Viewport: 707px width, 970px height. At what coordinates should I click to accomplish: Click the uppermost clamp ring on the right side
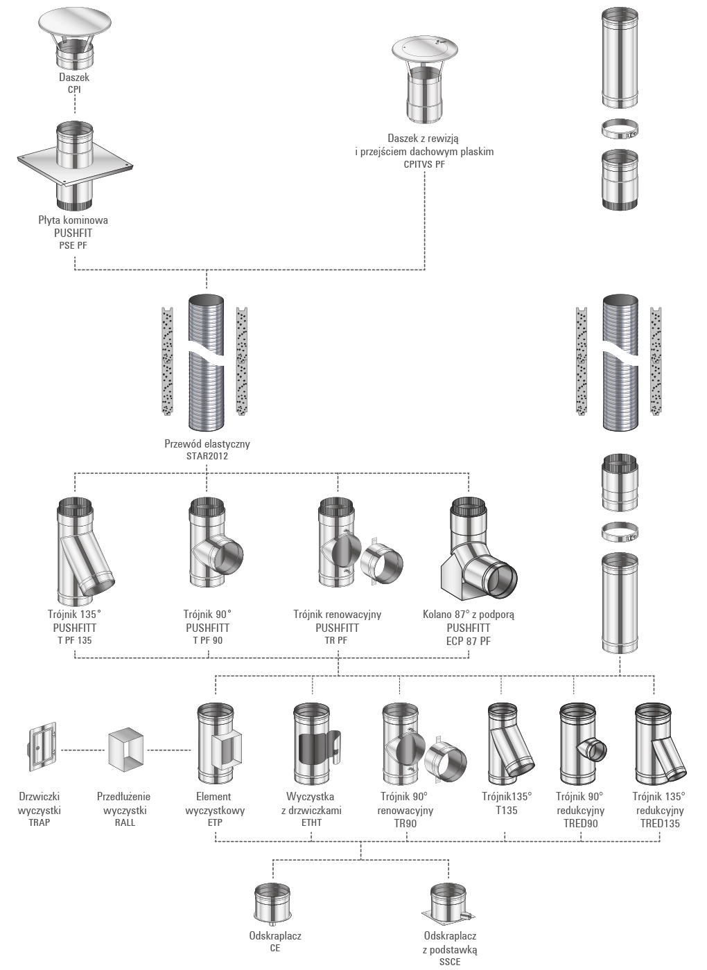click(x=620, y=129)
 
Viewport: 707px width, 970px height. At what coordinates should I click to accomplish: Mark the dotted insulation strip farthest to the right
click(x=656, y=360)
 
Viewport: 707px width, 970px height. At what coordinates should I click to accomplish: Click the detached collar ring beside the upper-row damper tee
click(x=381, y=561)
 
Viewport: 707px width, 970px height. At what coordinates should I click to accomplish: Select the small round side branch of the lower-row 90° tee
click(x=594, y=750)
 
